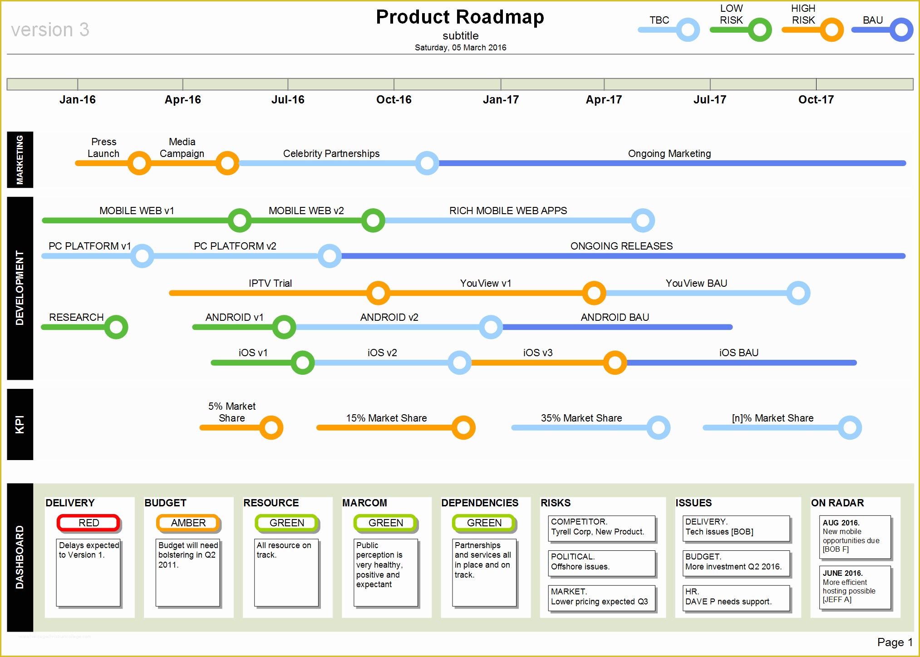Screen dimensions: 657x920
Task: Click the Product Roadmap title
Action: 460,17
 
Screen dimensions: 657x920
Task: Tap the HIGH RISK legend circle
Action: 831,30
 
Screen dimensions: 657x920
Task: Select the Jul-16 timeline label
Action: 288,100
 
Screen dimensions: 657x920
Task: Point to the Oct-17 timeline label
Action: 816,100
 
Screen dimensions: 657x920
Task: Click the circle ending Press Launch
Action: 139,163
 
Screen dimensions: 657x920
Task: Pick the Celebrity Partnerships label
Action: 331,154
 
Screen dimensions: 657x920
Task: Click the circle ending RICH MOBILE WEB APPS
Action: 643,221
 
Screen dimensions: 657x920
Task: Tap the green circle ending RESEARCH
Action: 116,327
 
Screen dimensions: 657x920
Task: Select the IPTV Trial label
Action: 270,284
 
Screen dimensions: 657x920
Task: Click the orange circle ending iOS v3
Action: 615,363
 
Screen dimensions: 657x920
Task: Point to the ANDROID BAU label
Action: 615,318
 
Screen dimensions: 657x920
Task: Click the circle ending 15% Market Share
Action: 463,427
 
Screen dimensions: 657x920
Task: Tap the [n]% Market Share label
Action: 772,418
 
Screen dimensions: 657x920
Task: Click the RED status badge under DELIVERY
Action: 89,523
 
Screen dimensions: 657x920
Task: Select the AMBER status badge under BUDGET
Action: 188,523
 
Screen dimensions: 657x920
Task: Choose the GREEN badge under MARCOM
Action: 385,523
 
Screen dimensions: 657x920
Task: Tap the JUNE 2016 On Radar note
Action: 855,587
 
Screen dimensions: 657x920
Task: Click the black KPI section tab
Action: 20,424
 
